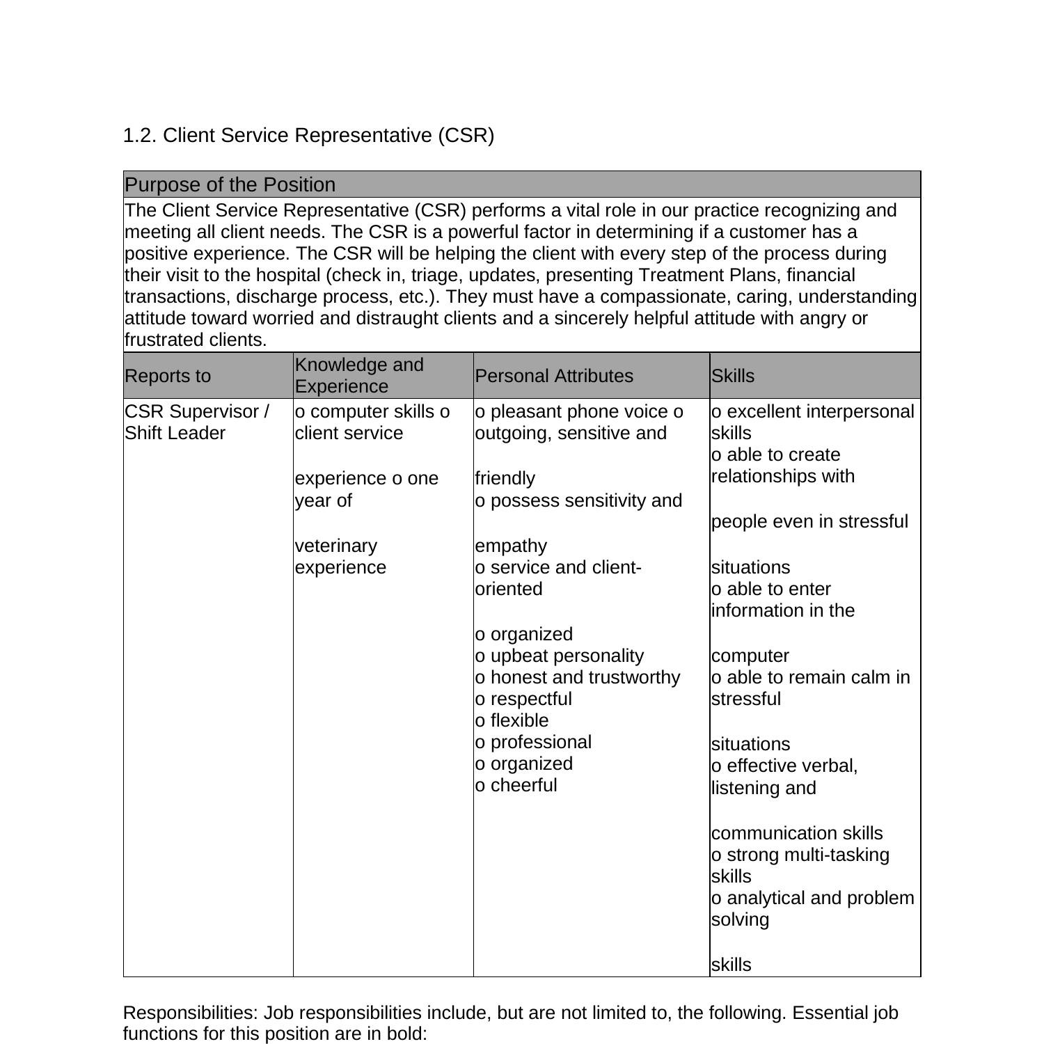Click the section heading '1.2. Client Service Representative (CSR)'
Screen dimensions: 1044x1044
308,135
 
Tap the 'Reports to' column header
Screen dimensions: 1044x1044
168,376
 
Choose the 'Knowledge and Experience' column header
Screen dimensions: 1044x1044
359,375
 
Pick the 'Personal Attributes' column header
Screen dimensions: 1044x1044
554,376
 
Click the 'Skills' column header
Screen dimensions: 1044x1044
733,376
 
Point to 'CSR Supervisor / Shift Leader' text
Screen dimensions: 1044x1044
196,422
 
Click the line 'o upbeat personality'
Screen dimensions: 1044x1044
560,656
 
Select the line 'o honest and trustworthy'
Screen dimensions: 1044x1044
578,677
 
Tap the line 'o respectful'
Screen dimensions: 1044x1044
523,699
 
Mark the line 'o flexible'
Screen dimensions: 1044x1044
512,720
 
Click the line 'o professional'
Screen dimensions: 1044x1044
533,742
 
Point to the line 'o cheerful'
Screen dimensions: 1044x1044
516,785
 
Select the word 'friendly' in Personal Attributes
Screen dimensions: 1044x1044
505,479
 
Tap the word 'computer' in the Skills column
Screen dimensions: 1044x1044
750,656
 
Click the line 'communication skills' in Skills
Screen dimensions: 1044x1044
797,833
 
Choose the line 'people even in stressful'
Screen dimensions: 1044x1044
809,521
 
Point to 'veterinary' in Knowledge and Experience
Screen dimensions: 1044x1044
336,546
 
